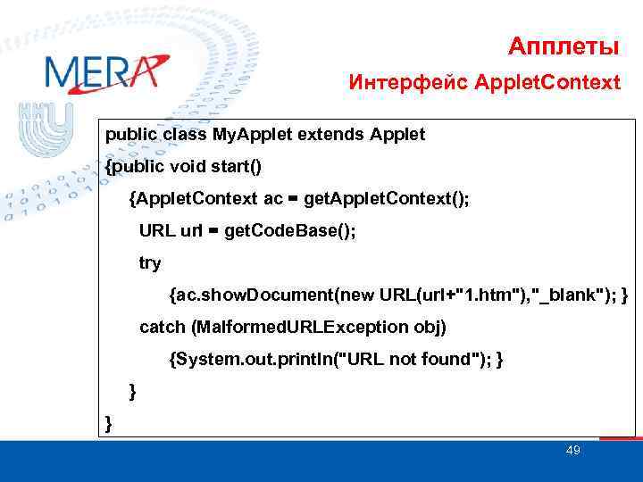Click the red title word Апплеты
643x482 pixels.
564,45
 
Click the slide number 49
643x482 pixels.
572,451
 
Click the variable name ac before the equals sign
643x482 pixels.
274,198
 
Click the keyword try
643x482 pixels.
150,262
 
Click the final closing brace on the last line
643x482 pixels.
109,423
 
